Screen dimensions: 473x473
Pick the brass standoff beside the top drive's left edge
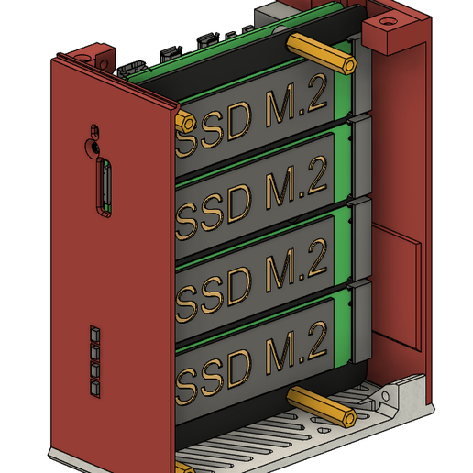pos(182,121)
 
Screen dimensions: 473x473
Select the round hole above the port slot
pos(93,145)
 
